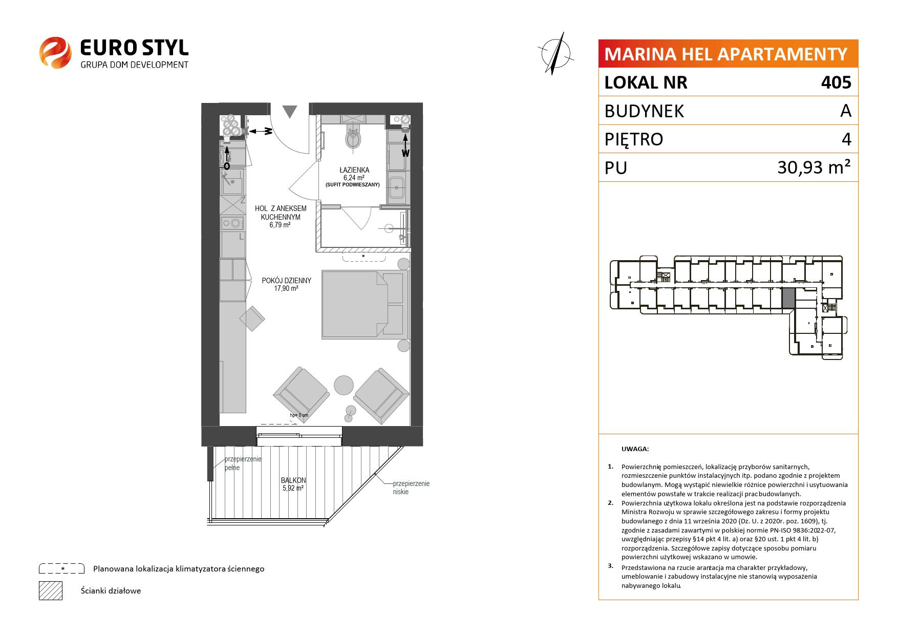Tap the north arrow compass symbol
(557, 53)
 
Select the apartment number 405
(836, 82)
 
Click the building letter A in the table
(846, 111)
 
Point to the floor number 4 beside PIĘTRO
(847, 139)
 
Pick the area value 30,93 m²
(814, 167)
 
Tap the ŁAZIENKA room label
(354, 170)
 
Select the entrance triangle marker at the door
(290, 112)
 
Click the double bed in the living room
(365, 305)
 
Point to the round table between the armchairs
(344, 385)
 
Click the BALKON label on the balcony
(293, 480)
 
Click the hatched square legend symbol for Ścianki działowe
(51, 590)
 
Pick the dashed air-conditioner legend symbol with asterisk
(61, 568)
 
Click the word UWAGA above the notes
(635, 449)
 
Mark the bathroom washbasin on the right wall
(397, 188)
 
